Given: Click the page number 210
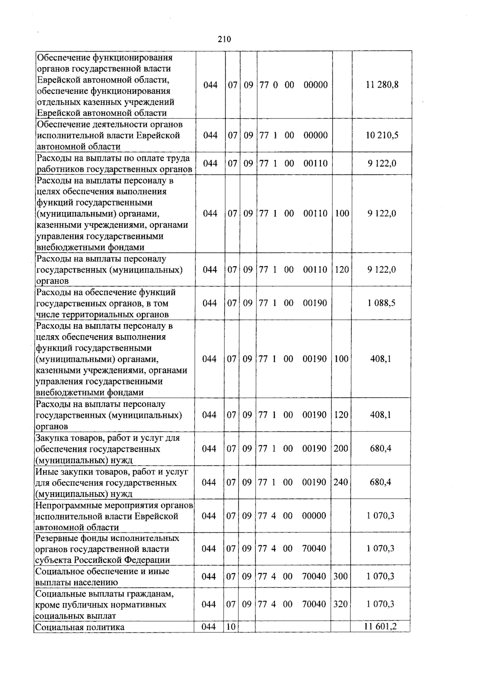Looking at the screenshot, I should tap(224, 39).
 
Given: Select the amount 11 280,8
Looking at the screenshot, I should tap(382, 85).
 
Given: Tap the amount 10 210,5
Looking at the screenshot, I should tap(382, 135).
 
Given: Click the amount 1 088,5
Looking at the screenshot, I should tap(382, 303).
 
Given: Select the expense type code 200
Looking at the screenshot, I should tap(341, 449).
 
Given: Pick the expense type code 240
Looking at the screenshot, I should tap(341, 482).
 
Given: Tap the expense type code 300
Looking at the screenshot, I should tap(341, 576).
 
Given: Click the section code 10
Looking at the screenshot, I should tap(231, 627).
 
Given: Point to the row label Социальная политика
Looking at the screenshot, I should tap(80, 627).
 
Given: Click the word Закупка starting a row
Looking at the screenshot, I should tap(52, 438).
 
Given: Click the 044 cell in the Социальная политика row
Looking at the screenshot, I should tap(208, 627).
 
